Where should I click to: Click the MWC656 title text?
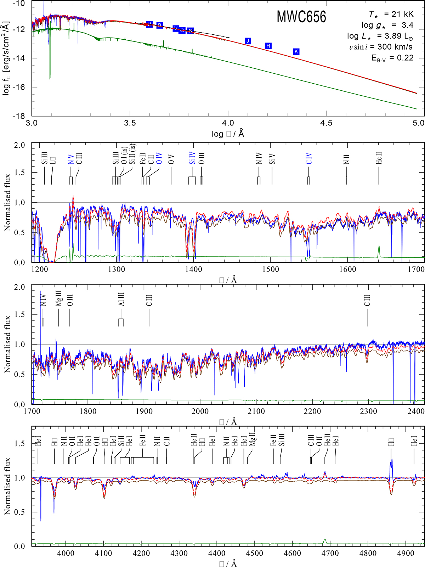point(301,17)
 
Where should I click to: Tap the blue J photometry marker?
point(248,41)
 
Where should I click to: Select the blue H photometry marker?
point(268,46)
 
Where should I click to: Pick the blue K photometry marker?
point(296,52)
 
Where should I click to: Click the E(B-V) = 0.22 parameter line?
point(392,58)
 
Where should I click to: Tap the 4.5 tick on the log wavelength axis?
point(326,123)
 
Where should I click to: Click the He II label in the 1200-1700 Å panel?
point(379,158)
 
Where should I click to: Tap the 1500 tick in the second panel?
point(271,269)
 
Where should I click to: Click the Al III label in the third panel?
point(121,299)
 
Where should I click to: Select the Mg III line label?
point(59,298)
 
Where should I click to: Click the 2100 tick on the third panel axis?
point(256,411)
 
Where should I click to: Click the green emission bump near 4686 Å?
point(325,541)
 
